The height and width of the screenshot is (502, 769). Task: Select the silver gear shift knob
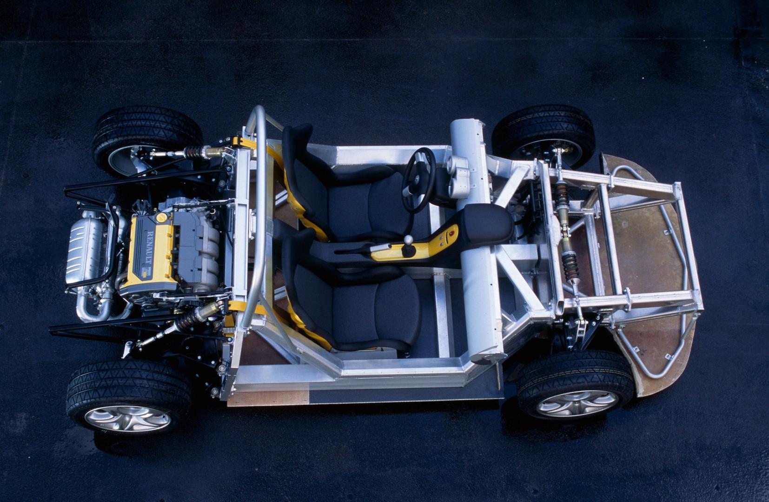pyautogui.click(x=408, y=240)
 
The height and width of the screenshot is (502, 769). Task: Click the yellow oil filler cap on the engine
pyautogui.click(x=161, y=217)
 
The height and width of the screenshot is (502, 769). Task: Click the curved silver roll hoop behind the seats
pyautogui.click(x=258, y=209)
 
